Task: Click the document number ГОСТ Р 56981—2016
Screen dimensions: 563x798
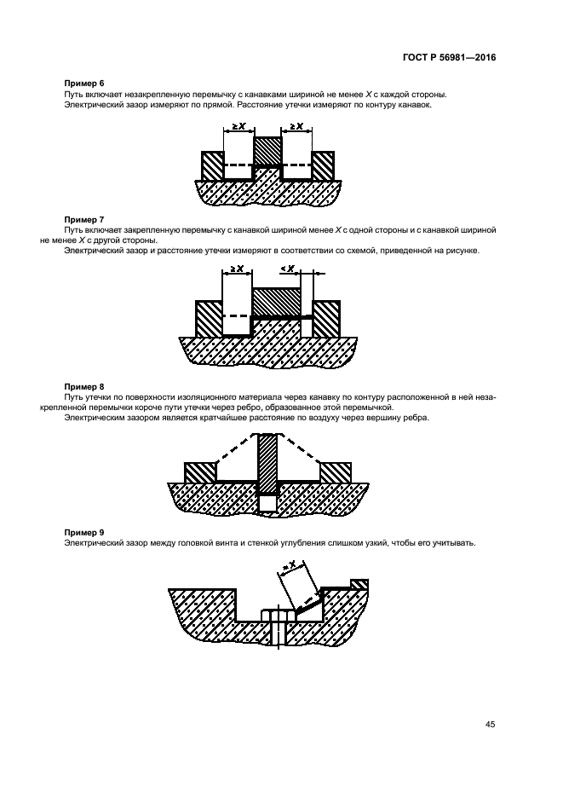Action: (x=449, y=57)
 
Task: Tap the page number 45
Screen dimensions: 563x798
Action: (x=491, y=724)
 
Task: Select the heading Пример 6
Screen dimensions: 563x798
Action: (x=84, y=83)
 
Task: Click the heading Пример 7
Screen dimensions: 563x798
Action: (x=84, y=219)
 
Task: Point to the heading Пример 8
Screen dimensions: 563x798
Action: (x=84, y=387)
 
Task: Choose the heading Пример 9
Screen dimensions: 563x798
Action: (x=84, y=532)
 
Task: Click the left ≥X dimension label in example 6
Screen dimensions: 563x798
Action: (x=239, y=125)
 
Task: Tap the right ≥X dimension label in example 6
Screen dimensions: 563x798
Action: (x=296, y=125)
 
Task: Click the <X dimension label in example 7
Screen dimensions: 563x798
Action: (x=288, y=269)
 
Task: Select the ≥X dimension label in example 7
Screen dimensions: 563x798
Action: (x=237, y=269)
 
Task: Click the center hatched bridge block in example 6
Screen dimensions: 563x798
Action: (x=267, y=151)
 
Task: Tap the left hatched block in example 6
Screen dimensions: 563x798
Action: (x=213, y=166)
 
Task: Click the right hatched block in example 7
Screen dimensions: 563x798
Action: (x=326, y=319)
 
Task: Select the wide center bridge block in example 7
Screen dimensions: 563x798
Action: (x=277, y=302)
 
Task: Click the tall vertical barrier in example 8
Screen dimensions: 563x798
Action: (x=268, y=464)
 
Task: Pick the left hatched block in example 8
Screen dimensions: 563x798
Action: (x=200, y=472)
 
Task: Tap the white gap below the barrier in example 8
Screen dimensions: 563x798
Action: (x=268, y=503)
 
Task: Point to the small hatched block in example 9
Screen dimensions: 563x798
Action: (x=359, y=584)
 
